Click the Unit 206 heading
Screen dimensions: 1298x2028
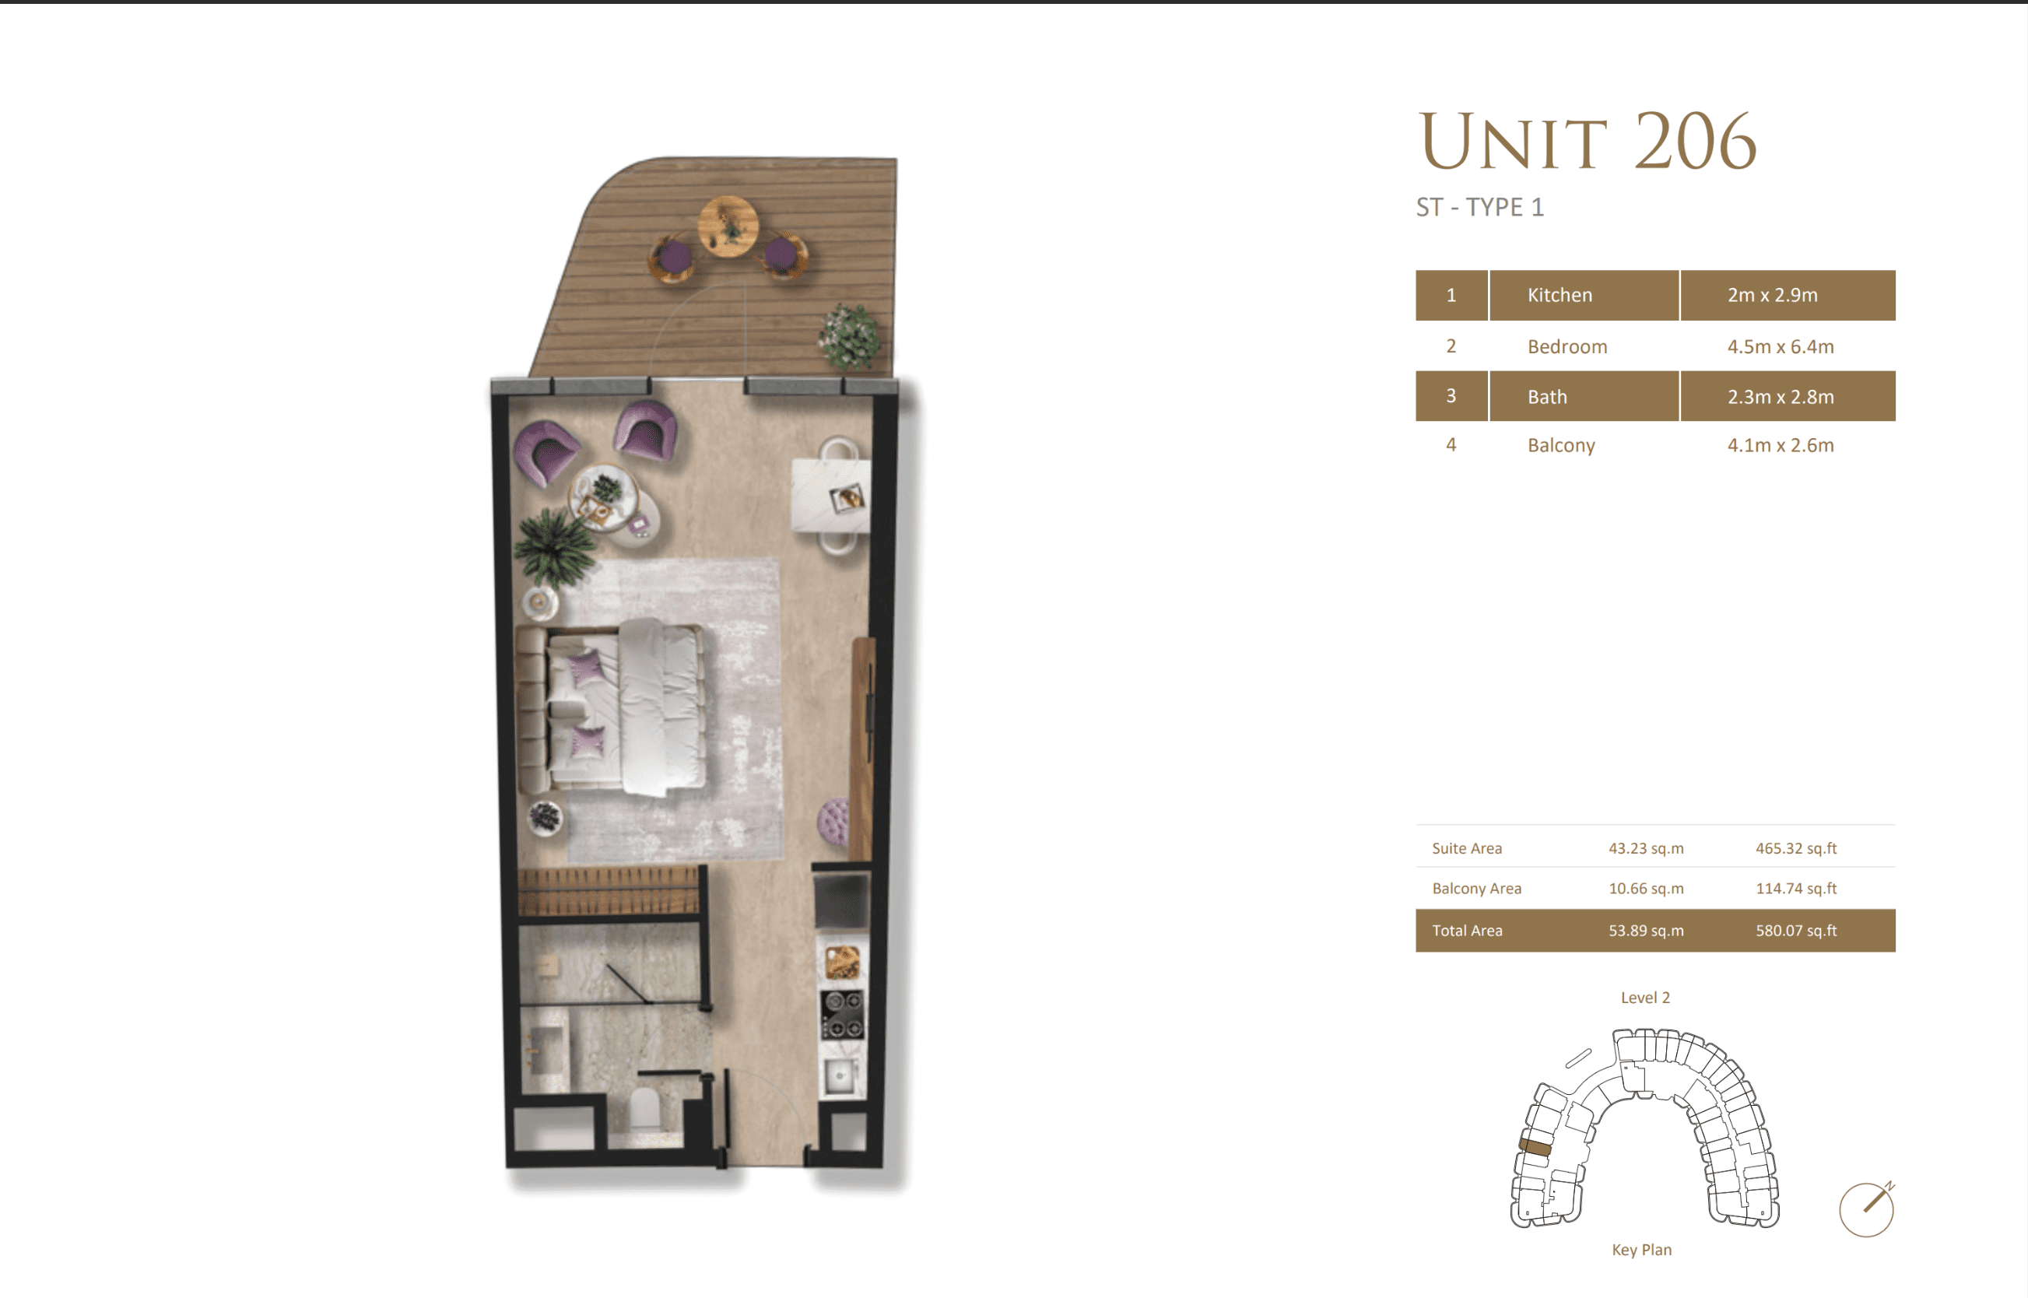point(1586,142)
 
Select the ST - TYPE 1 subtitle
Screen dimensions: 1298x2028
point(1479,207)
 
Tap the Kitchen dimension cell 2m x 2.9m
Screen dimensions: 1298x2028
point(1772,295)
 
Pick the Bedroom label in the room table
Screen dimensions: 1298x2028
point(1567,346)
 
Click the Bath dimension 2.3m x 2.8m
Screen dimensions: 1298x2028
point(1781,396)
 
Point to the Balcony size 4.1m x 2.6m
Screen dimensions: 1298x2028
point(1781,445)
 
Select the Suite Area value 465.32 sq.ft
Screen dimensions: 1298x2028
point(1795,848)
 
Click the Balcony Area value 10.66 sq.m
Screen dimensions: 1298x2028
point(1645,889)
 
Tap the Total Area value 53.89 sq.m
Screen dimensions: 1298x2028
point(1645,931)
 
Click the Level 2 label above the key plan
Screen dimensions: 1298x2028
point(1644,997)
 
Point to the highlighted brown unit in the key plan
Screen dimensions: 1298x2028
point(1535,1147)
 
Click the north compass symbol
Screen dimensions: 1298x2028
point(1866,1209)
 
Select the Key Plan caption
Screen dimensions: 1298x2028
point(1641,1249)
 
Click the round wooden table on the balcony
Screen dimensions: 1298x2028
point(728,225)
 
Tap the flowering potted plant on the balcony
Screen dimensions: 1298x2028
point(850,336)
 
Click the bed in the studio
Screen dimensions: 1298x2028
point(624,707)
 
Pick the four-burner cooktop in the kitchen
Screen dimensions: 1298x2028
point(842,1014)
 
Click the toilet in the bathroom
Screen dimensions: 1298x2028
point(645,1109)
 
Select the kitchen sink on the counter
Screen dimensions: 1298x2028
point(840,1076)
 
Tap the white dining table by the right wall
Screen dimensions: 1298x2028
point(830,496)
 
